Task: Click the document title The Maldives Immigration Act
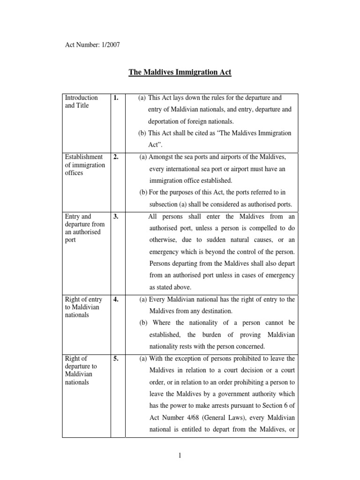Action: pos(180,73)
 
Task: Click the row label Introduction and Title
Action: pos(81,102)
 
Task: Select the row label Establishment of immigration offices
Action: pos(83,165)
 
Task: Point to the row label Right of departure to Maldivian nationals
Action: pos(79,370)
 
